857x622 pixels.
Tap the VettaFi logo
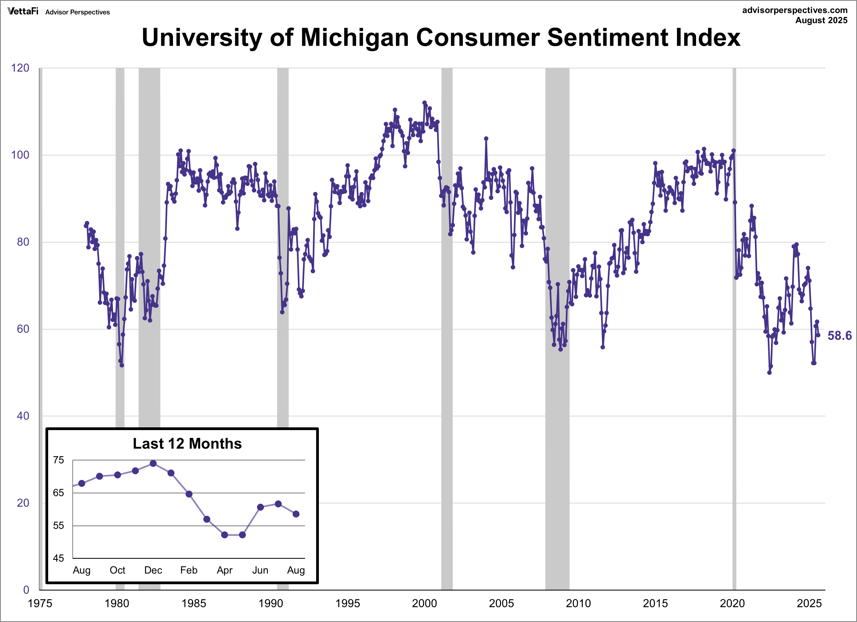(23, 11)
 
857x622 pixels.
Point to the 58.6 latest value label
(839, 336)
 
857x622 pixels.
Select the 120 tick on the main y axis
(20, 68)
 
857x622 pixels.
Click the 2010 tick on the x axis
(578, 603)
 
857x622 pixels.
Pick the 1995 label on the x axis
(347, 603)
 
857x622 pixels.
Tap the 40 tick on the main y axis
(23, 416)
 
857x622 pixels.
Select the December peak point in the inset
(153, 463)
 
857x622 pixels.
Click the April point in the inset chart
(224, 535)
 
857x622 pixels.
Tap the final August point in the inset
(296, 514)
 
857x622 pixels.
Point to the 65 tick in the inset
(59, 493)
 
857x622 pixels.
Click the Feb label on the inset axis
(189, 570)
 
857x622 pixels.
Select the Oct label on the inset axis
(117, 570)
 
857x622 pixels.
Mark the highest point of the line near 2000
(424, 103)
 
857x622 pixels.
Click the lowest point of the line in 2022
(769, 373)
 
